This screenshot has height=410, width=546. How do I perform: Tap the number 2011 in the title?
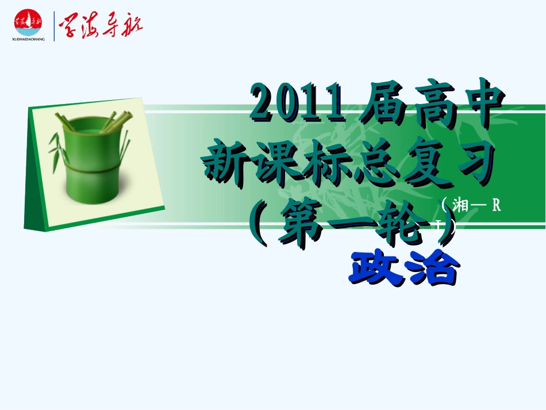(299, 104)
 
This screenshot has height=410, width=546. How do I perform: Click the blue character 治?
(432, 267)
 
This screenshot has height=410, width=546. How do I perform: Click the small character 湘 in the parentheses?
(461, 205)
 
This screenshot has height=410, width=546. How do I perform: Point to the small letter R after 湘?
(496, 205)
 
